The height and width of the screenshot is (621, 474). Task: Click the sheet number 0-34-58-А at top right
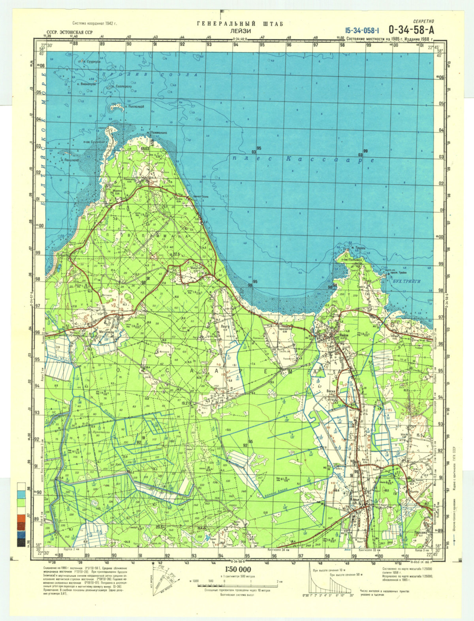point(410,30)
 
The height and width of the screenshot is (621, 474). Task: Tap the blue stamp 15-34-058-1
point(362,30)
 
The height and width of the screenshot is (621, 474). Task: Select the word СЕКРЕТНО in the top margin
point(423,21)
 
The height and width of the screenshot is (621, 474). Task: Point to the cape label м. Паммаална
point(157,133)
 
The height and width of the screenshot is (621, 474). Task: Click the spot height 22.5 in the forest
point(176,254)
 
